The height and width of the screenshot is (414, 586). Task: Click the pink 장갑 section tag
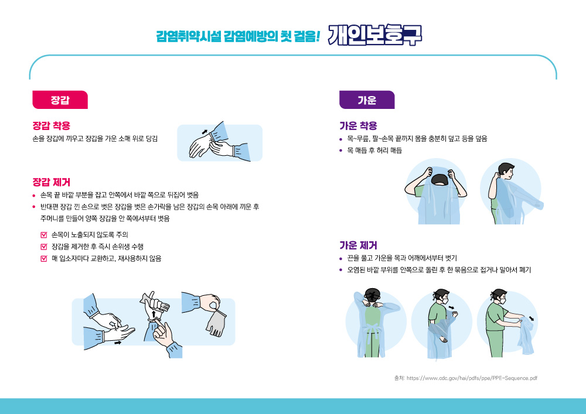[x=60, y=100]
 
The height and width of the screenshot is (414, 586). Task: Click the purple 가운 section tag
[x=367, y=100]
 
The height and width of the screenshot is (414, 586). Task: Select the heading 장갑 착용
[x=51, y=125]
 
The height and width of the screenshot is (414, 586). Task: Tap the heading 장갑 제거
[x=51, y=182]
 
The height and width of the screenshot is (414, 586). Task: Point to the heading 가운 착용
[x=358, y=125]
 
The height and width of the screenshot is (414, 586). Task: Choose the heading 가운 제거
[x=358, y=245]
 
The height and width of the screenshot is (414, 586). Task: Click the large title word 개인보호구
[x=375, y=35]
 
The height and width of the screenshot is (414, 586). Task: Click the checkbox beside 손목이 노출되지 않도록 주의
[x=44, y=235]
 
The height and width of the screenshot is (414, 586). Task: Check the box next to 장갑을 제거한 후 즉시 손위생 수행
[x=44, y=247]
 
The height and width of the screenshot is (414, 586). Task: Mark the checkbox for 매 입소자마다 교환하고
[x=44, y=258]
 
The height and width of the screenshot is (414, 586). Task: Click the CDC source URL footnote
[x=466, y=378]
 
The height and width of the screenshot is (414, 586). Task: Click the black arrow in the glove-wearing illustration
[x=205, y=132]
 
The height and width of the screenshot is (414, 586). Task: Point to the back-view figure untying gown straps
[x=374, y=323]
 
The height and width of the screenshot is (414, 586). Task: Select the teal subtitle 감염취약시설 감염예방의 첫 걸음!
[x=238, y=36]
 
